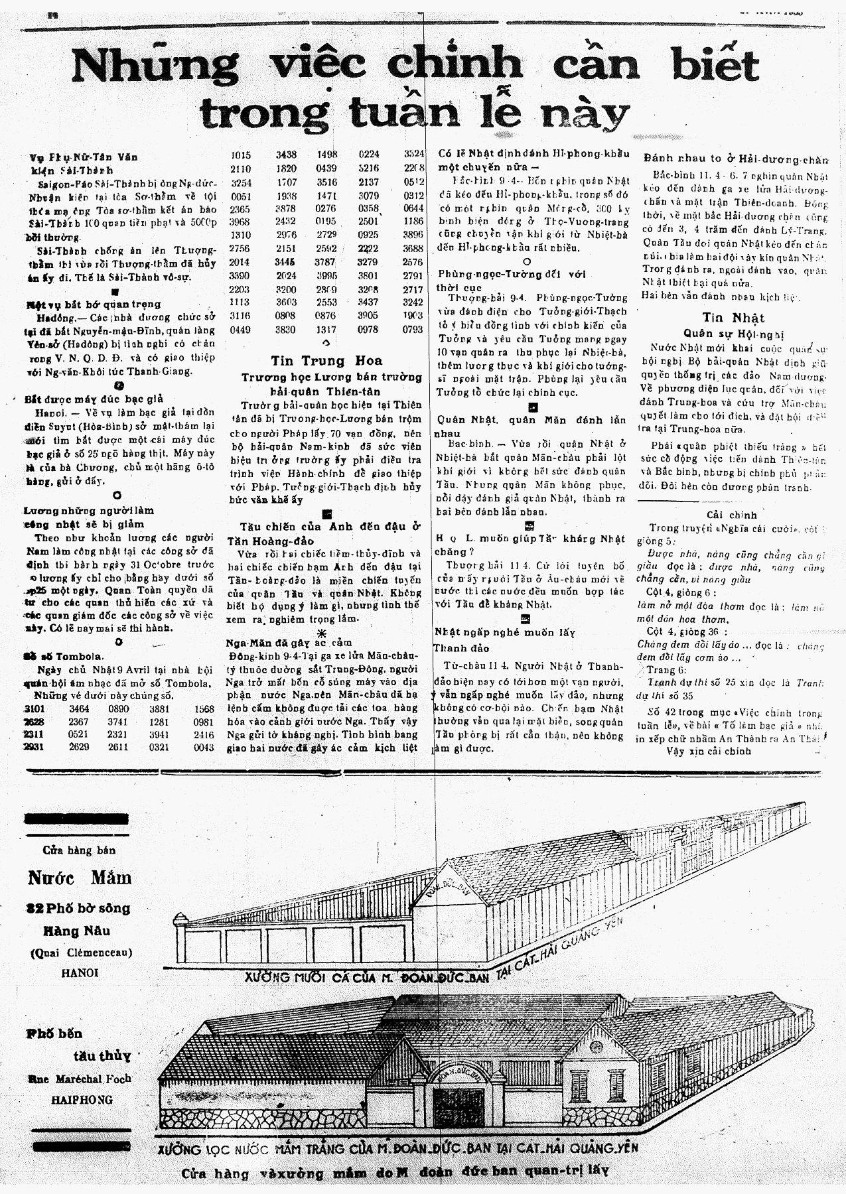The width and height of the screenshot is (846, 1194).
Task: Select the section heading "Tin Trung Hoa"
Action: tap(326, 361)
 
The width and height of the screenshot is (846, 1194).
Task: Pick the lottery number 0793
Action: tap(412, 329)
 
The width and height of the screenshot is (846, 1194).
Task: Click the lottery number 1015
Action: tap(241, 155)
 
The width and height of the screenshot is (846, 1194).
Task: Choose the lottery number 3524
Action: tap(413, 155)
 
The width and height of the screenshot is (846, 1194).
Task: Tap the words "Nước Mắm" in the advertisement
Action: tap(80, 878)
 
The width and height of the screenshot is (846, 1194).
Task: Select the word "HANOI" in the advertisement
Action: tap(79, 972)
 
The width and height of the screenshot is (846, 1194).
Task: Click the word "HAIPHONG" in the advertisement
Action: tap(82, 1099)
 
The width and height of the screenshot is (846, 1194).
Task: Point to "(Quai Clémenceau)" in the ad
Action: tap(80, 953)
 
